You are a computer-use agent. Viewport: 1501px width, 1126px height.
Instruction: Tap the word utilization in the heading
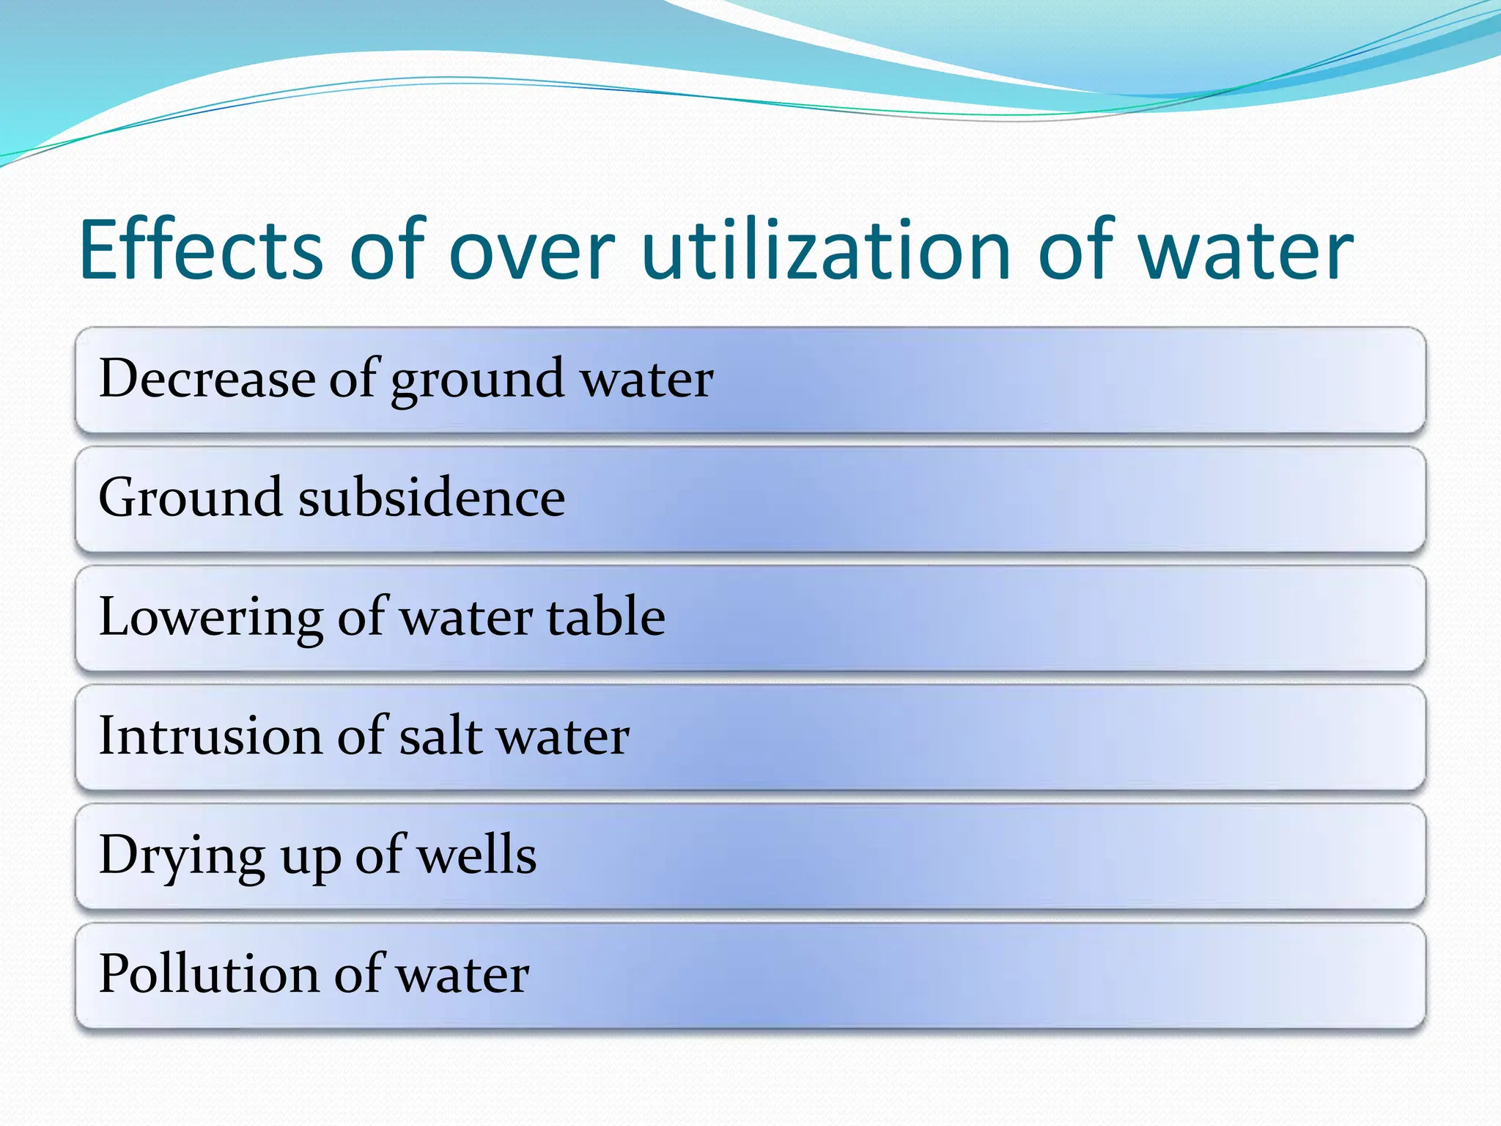coord(826,251)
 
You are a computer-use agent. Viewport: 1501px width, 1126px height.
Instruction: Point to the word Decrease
coord(207,379)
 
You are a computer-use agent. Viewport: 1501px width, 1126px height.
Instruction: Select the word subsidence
coord(432,498)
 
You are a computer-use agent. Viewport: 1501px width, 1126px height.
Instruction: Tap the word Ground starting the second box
coord(190,498)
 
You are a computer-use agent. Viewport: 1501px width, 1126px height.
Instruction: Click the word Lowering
coord(210,618)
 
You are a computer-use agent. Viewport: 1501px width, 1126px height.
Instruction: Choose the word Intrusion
coord(210,736)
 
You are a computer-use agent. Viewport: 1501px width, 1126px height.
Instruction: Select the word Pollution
coord(208,974)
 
